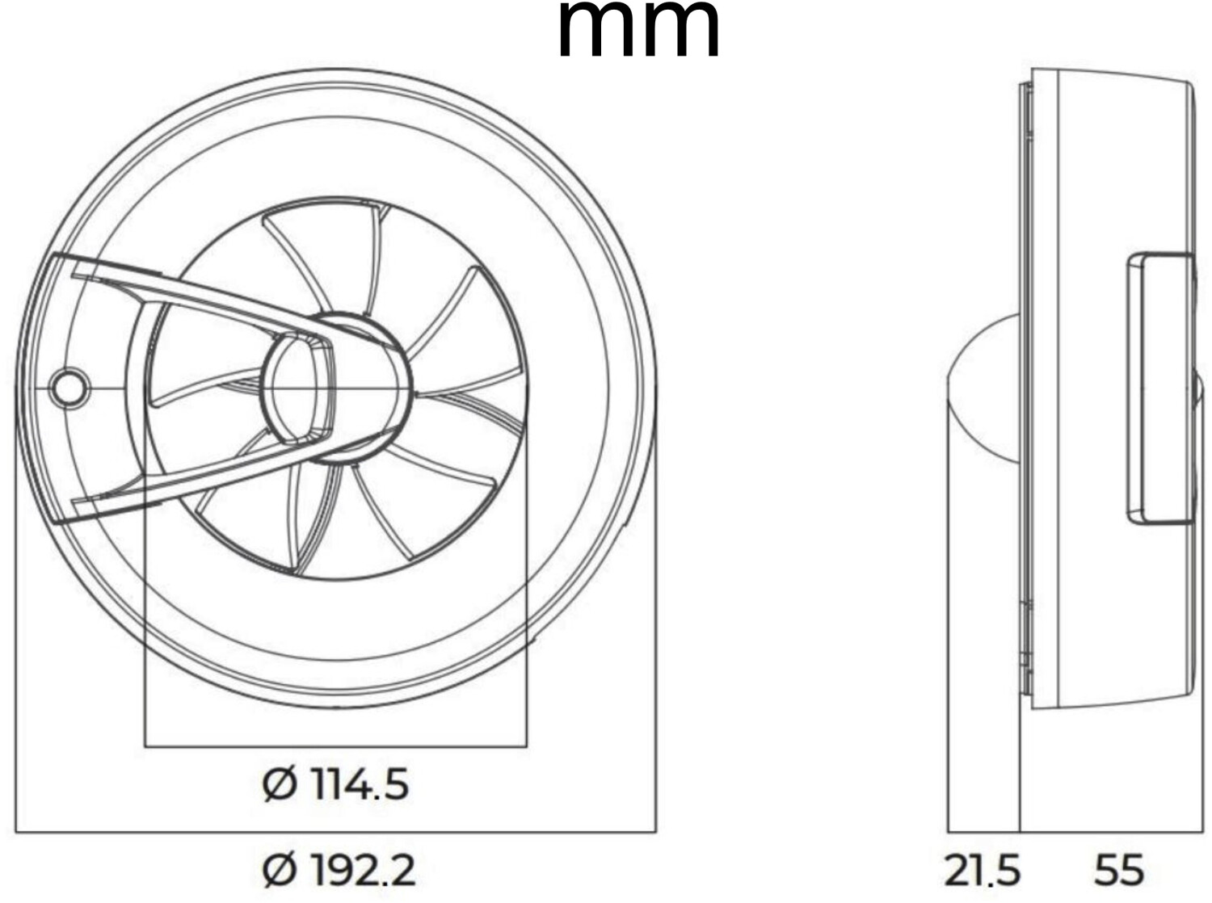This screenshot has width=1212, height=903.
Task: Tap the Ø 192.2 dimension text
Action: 339,871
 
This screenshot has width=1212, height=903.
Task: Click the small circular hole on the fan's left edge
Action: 69,388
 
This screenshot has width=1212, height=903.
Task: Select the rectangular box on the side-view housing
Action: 1159,388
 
